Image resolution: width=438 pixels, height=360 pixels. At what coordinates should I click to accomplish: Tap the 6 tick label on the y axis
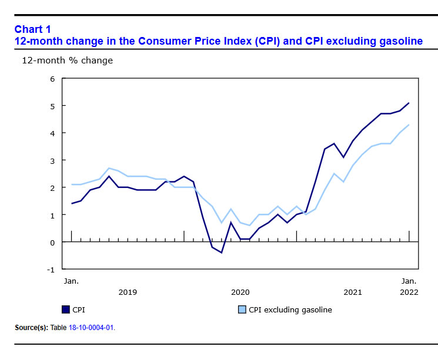click(x=52, y=79)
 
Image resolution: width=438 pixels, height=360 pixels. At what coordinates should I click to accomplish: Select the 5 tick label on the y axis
click(x=52, y=106)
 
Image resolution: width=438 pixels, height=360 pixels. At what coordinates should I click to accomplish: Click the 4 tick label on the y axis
click(x=52, y=133)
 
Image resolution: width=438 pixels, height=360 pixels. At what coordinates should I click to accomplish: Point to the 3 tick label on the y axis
click(x=52, y=160)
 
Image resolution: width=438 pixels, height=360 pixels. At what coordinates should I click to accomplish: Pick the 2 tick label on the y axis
click(x=52, y=188)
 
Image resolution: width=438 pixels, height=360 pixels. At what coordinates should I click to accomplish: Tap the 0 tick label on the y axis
click(x=52, y=243)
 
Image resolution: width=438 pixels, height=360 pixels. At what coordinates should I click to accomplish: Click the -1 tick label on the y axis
click(x=51, y=270)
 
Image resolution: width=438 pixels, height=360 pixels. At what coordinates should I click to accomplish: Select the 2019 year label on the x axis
click(x=128, y=292)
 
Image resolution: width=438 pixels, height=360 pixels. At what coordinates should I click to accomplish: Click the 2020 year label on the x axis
click(x=240, y=292)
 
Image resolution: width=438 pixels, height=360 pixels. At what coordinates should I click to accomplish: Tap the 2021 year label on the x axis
click(x=353, y=292)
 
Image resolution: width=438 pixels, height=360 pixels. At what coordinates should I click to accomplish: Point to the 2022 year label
click(x=409, y=292)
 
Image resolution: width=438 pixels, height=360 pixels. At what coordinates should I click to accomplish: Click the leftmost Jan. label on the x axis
click(x=71, y=281)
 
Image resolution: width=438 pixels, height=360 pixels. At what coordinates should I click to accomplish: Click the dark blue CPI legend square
click(x=65, y=309)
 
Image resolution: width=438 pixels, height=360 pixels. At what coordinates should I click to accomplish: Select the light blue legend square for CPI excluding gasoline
click(x=242, y=309)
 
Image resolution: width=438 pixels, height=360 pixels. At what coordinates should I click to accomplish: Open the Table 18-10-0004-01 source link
click(x=91, y=328)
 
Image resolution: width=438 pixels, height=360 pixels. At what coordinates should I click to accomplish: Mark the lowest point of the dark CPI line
click(x=222, y=253)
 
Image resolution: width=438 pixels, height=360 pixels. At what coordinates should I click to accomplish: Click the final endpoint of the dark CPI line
click(x=409, y=103)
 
